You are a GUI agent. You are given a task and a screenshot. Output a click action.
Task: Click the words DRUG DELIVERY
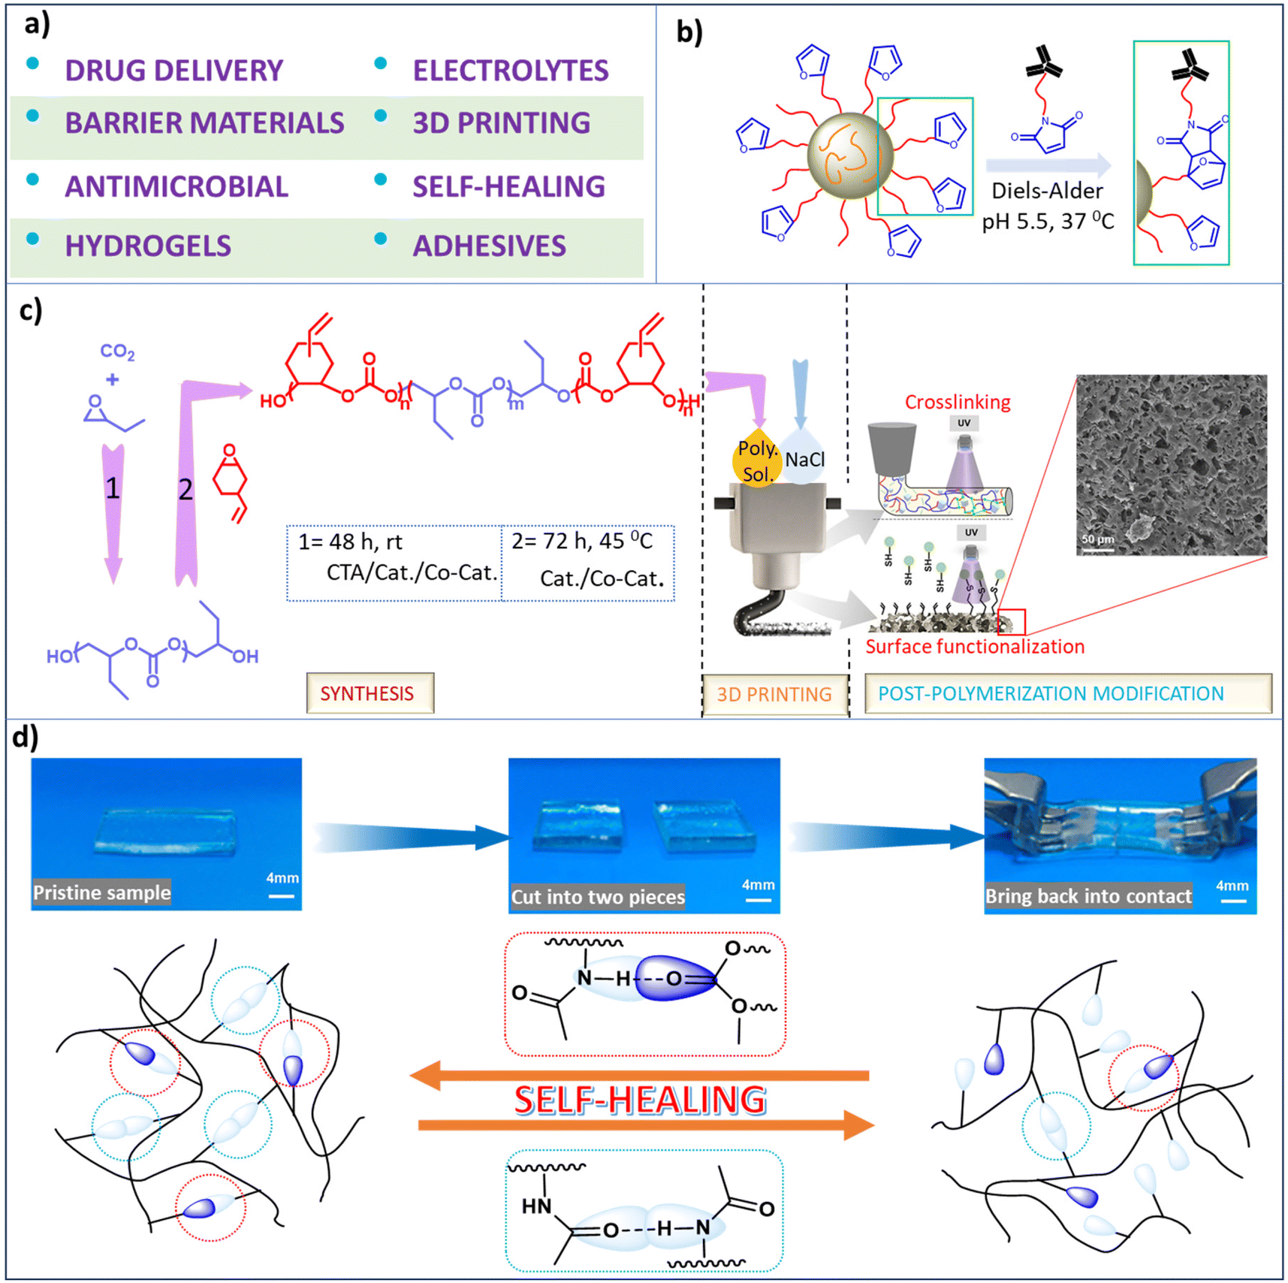[x=173, y=71]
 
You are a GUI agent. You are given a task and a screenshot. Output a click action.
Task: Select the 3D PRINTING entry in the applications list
[x=501, y=123]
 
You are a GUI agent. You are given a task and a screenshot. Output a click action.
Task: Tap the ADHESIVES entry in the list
[x=489, y=246]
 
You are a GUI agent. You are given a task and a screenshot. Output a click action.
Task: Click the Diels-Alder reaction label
[x=1047, y=191]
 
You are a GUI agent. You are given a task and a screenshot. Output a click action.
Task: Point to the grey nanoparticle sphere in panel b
[x=849, y=155]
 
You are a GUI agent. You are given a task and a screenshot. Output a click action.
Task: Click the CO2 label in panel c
[x=117, y=352]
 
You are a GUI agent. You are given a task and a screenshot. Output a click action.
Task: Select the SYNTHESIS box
[x=369, y=693]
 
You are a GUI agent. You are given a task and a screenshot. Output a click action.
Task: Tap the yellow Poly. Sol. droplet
[x=756, y=460]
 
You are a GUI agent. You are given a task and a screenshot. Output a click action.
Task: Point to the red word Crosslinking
[x=957, y=402]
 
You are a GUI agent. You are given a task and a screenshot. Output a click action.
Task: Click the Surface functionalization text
[x=974, y=647]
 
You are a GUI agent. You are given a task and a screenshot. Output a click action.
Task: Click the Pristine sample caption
[x=101, y=892]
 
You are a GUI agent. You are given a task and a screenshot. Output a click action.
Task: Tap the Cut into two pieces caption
[x=597, y=897]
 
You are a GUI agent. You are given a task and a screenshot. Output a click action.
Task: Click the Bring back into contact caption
[x=1087, y=896]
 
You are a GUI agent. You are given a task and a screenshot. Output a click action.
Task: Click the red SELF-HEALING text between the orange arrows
[x=640, y=1100]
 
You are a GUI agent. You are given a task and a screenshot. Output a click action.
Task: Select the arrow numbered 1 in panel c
[x=113, y=511]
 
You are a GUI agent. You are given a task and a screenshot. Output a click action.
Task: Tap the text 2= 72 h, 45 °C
[x=581, y=542]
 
